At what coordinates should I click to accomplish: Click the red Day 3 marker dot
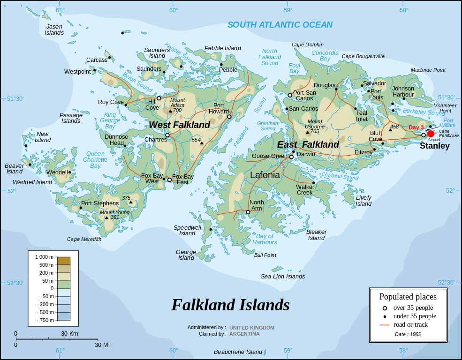coord(431,134)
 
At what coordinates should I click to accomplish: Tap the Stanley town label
coord(434,146)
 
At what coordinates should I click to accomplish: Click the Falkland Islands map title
coord(230,305)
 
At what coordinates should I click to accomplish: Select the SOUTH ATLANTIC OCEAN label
coord(280,25)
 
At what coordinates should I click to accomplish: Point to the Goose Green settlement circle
coord(291,157)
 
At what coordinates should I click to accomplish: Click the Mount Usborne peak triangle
coord(308,132)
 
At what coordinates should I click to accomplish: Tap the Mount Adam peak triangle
coord(170,111)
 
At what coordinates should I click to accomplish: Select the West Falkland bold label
coord(180,125)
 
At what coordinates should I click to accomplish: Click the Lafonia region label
coord(265,175)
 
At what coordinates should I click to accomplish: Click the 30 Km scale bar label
coord(69,334)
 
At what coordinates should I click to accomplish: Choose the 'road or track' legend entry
coord(410,324)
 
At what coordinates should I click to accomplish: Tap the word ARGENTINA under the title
coord(244,334)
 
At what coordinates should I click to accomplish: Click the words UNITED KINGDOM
coord(252,328)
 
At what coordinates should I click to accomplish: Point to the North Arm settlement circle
coord(248,212)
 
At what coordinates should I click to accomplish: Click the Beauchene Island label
coord(238,352)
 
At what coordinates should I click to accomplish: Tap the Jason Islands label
coord(54,30)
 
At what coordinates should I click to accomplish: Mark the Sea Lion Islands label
coord(283,277)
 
